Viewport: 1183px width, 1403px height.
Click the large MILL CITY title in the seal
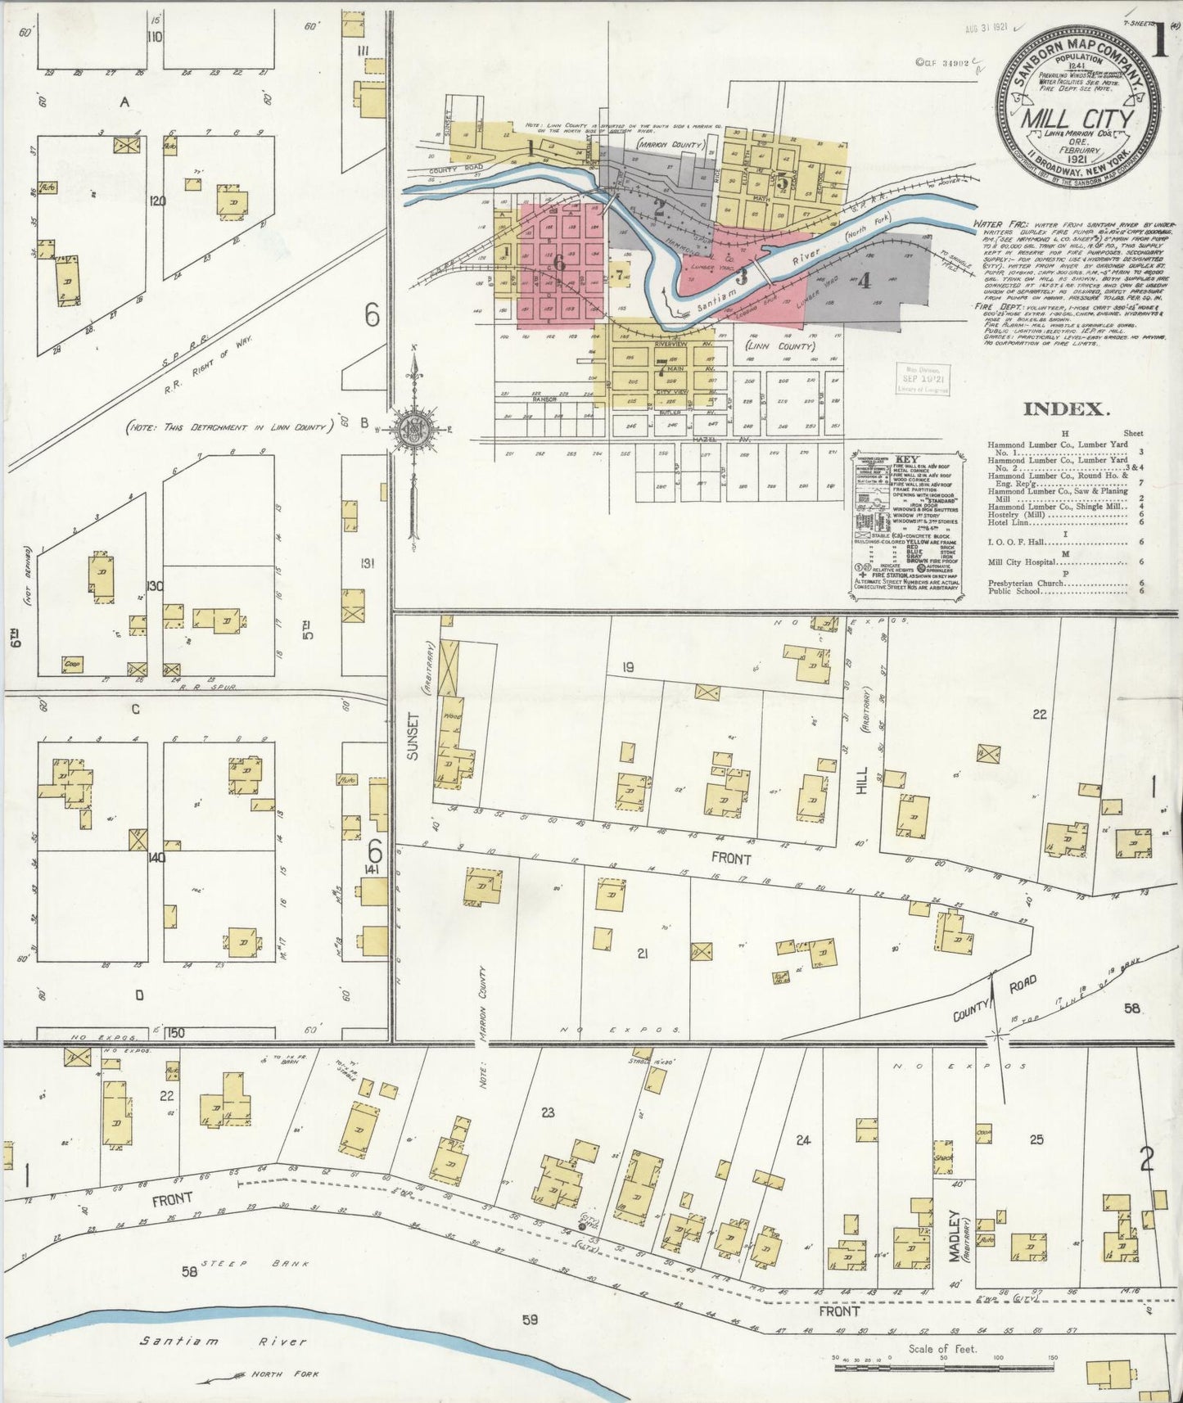(1077, 118)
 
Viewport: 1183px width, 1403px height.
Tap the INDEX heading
(1065, 409)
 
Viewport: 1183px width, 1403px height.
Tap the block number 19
(627, 668)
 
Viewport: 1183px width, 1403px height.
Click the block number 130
(154, 586)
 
